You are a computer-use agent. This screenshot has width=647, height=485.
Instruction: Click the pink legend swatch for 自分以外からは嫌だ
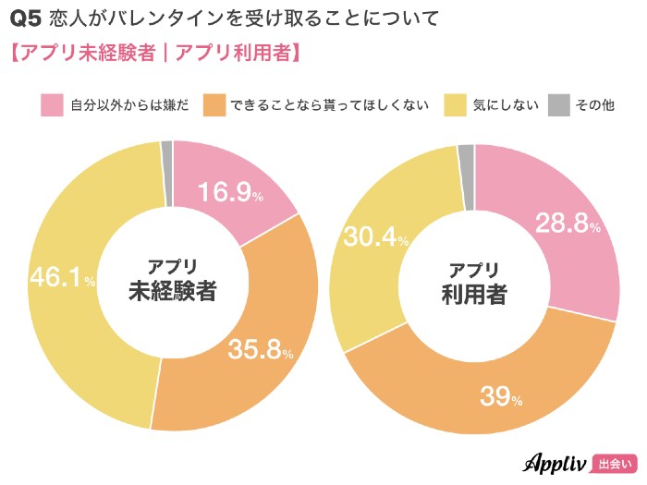point(52,105)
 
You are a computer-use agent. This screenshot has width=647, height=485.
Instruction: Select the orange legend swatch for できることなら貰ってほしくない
point(214,105)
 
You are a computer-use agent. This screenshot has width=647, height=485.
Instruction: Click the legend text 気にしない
point(506,105)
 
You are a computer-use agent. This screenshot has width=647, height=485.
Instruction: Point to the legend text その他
point(594,105)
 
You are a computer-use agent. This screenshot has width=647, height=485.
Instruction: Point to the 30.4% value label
point(376,237)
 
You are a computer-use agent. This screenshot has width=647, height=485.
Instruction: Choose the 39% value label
point(501,396)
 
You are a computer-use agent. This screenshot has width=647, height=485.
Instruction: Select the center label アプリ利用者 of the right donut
point(474,282)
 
